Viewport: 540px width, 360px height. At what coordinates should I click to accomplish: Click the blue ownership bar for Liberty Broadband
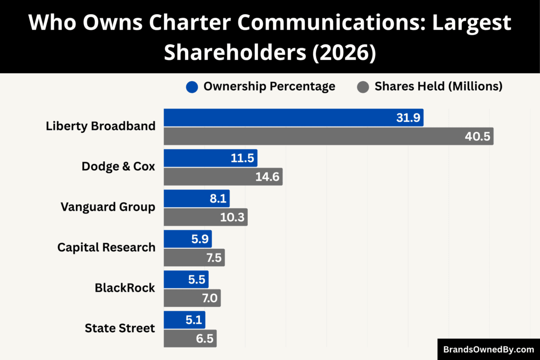tap(293, 118)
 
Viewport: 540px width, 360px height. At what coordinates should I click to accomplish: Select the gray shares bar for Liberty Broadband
tap(328, 137)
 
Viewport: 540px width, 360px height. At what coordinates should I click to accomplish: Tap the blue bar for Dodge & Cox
tap(210, 158)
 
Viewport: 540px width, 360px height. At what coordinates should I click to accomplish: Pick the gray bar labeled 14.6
tap(223, 177)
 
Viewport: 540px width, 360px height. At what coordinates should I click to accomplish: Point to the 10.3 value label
tap(232, 217)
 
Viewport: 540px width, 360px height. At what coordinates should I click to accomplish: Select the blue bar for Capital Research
tap(187, 239)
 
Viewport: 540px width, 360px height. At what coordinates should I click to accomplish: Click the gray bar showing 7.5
tap(194, 258)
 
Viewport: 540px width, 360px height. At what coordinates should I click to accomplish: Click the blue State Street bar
tap(184, 320)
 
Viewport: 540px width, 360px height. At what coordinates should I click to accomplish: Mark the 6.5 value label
tap(205, 338)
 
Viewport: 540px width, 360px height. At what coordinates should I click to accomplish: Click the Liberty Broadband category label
tap(101, 126)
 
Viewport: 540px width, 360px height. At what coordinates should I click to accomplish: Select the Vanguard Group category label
tap(108, 207)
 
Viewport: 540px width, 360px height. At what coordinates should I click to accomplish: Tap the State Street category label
tap(120, 328)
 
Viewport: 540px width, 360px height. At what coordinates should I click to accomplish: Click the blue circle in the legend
tap(192, 87)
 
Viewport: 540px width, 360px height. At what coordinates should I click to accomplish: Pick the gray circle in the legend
tap(362, 87)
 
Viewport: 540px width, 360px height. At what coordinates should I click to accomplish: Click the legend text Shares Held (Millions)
tap(438, 86)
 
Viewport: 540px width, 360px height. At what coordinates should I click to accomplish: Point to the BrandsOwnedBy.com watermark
tap(488, 349)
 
